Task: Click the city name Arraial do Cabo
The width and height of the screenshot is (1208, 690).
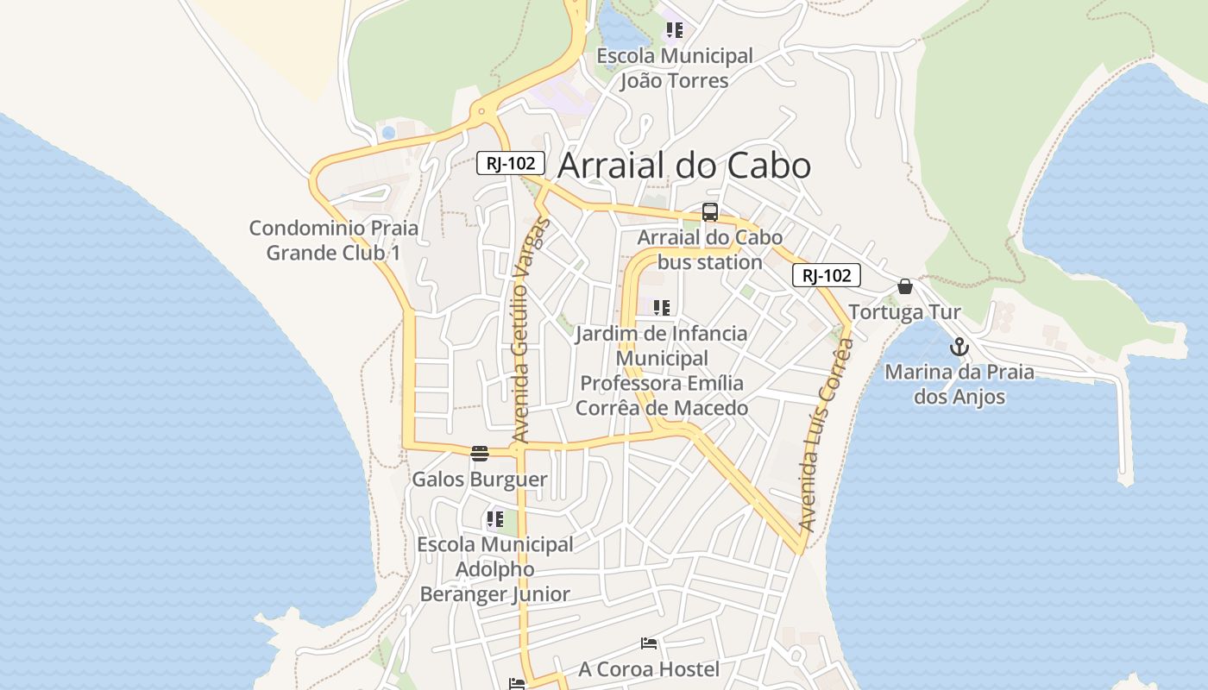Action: coord(684,166)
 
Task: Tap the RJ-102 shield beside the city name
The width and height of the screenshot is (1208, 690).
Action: coord(511,162)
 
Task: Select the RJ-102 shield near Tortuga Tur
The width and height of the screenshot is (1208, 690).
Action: coord(826,275)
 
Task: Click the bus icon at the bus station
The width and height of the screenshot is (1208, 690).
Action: coord(710,212)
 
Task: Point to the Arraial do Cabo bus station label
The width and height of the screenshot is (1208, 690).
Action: coord(710,249)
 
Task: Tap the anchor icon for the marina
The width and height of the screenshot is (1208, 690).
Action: coord(959,348)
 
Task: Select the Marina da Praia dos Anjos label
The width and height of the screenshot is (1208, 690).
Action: coord(959,385)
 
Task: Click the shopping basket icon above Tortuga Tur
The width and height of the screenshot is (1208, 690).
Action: coord(905,286)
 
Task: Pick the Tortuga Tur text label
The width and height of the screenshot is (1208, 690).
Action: coord(904,312)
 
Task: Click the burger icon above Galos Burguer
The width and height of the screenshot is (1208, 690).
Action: coord(480,454)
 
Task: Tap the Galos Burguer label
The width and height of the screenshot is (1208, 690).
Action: coord(480,480)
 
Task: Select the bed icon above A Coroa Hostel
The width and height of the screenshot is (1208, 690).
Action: coord(649,643)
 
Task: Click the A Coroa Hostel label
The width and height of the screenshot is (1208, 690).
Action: coord(649,669)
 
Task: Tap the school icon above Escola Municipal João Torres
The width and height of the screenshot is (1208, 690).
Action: coord(675,30)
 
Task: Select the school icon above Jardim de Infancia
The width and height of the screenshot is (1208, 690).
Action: coord(662,308)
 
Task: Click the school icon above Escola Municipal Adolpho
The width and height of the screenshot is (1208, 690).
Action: coord(494,519)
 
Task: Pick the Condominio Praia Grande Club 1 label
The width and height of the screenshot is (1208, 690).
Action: coord(333,241)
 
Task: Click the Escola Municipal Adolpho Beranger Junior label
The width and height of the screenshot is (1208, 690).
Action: coord(494,569)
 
